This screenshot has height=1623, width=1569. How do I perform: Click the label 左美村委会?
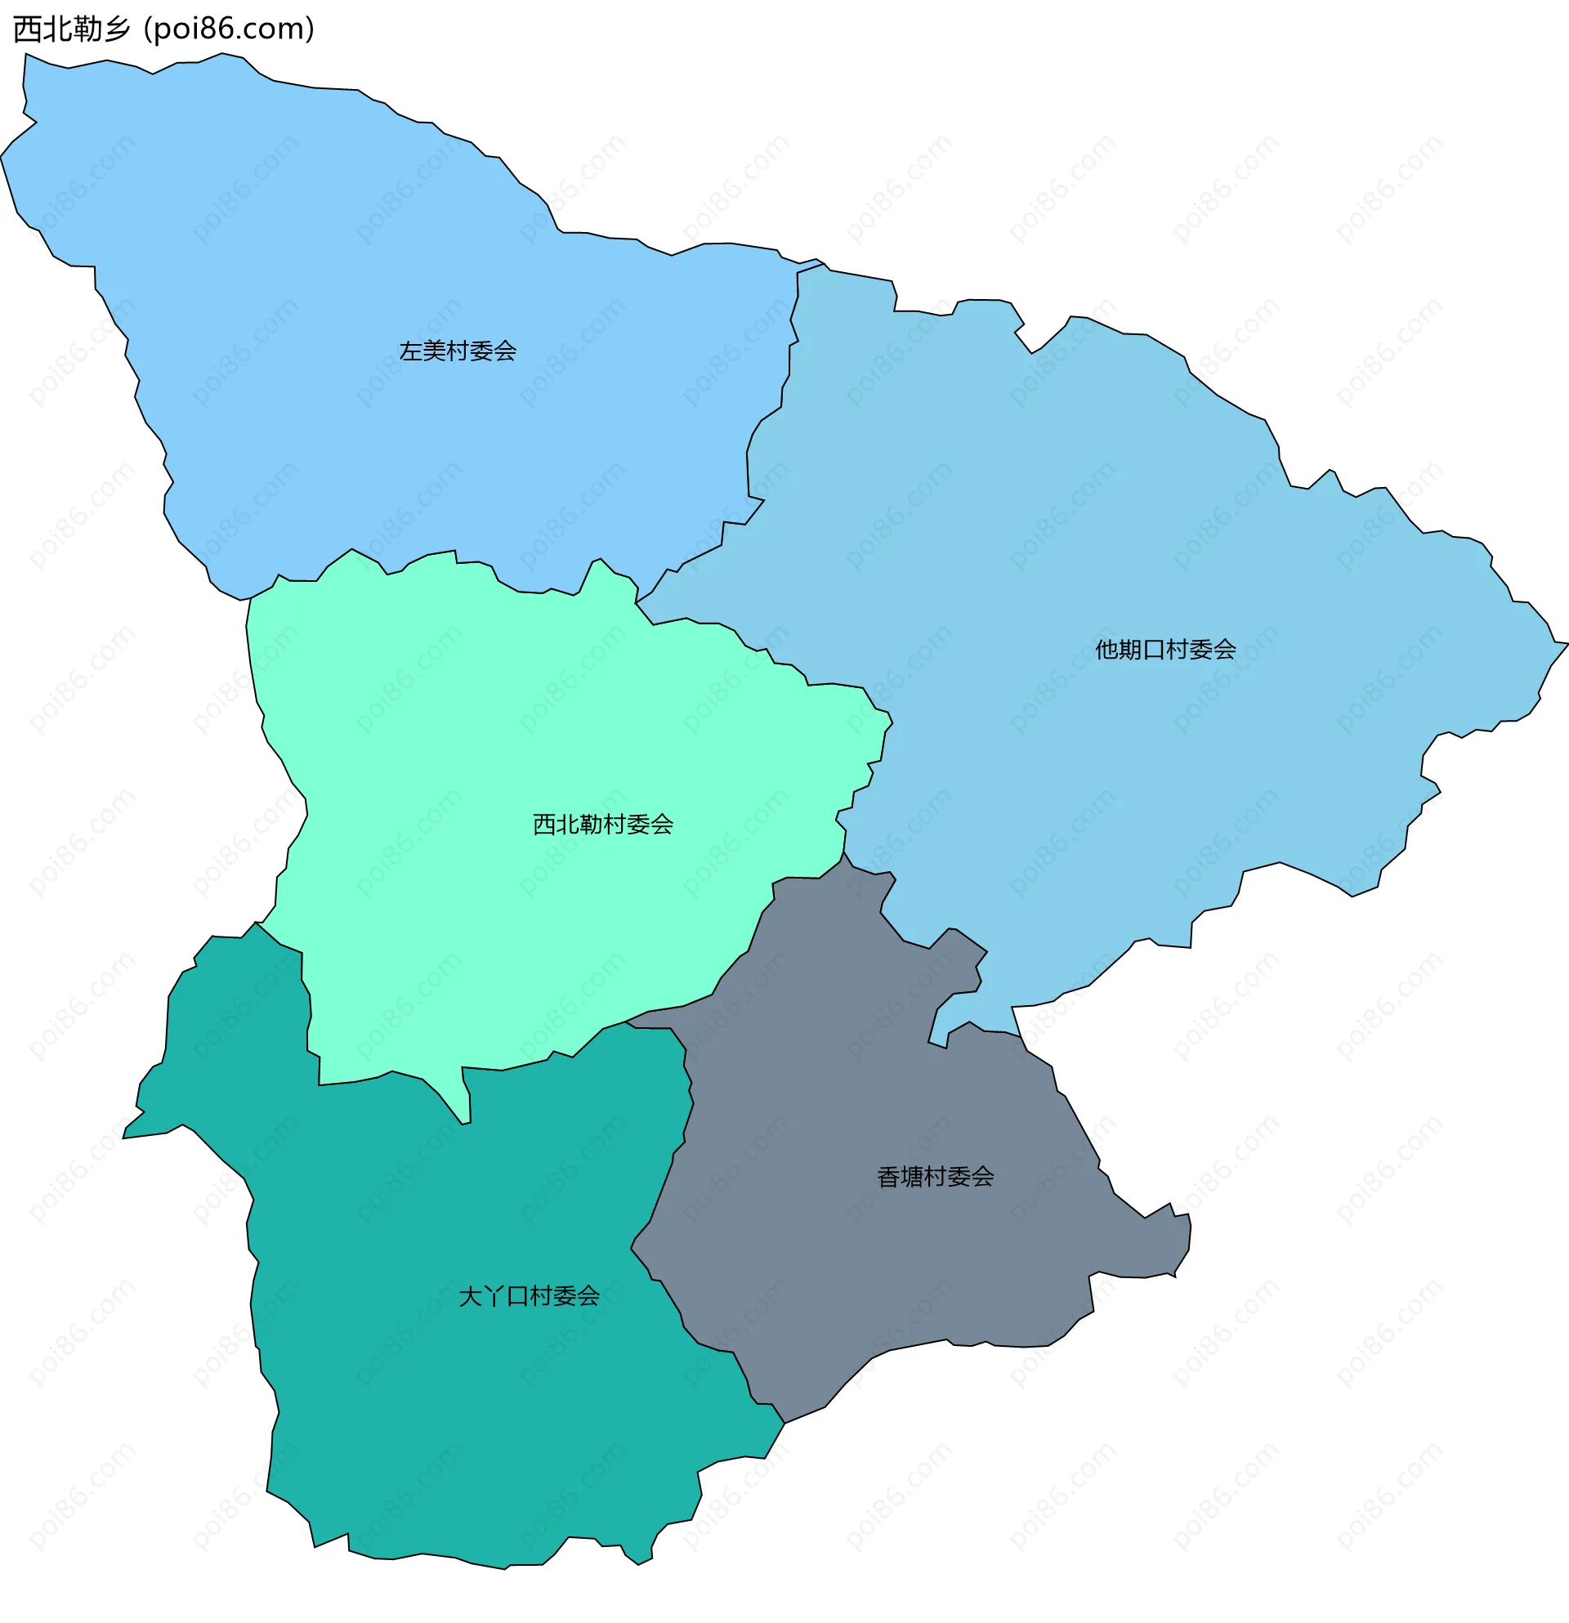[458, 351]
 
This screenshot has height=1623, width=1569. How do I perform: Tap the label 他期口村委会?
[1165, 650]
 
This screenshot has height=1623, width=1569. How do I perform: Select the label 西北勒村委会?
[603, 824]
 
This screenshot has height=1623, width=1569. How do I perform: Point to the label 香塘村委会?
[936, 1177]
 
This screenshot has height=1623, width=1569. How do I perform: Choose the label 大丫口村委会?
[529, 1296]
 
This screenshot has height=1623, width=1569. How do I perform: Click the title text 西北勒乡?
[72, 29]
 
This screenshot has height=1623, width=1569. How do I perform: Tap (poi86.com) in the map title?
[230, 29]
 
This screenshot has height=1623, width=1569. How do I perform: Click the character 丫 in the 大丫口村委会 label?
[494, 1296]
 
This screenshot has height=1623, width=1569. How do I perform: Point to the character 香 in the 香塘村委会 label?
[888, 1177]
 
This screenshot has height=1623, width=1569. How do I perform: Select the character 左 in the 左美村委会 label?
[411, 351]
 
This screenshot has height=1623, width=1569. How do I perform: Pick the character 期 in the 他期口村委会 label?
[1130, 650]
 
